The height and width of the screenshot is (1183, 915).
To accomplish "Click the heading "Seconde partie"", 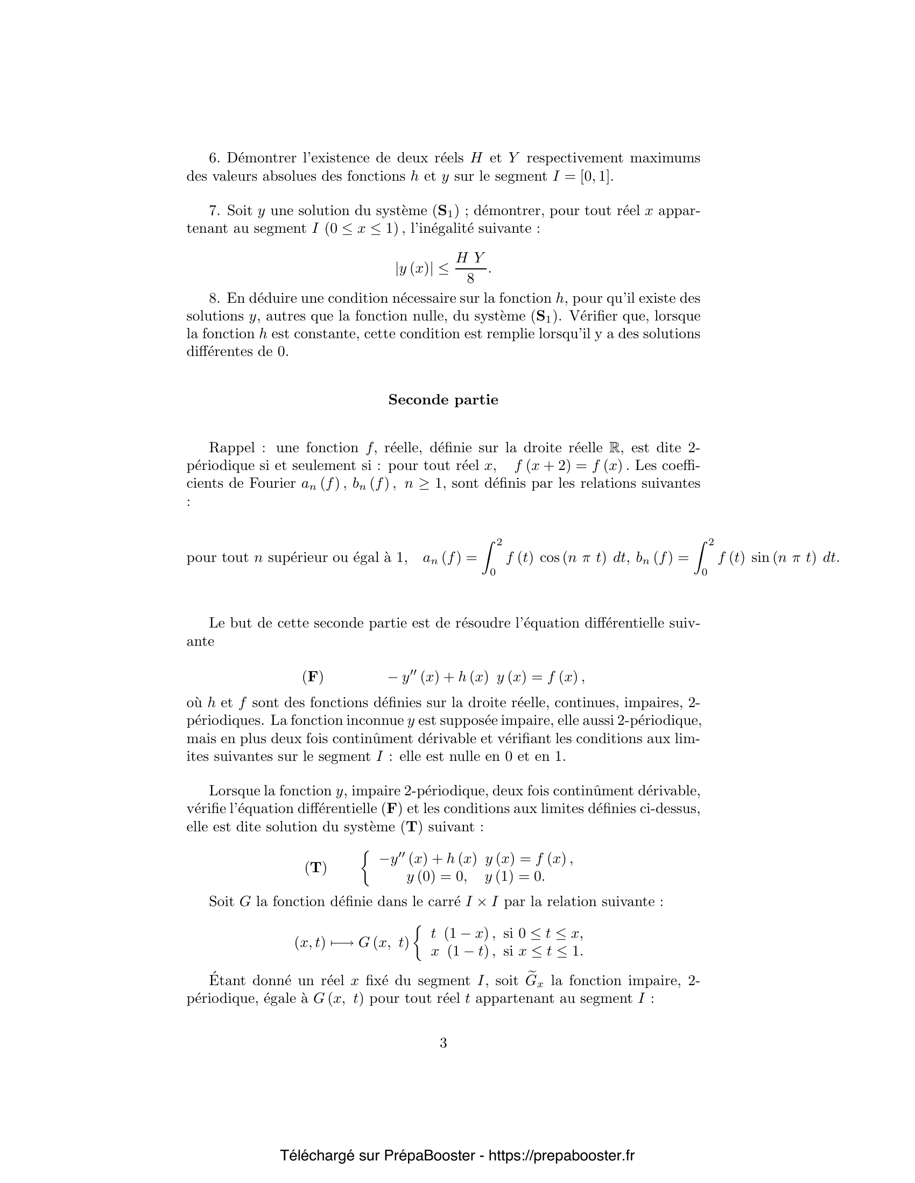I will [443, 400].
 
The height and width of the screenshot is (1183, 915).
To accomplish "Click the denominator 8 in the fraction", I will [470, 279].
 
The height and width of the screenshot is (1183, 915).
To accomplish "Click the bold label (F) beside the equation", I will [313, 676].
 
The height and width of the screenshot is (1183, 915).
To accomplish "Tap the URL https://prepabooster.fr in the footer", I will [561, 1156].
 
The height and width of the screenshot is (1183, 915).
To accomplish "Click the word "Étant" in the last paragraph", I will [227, 981].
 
